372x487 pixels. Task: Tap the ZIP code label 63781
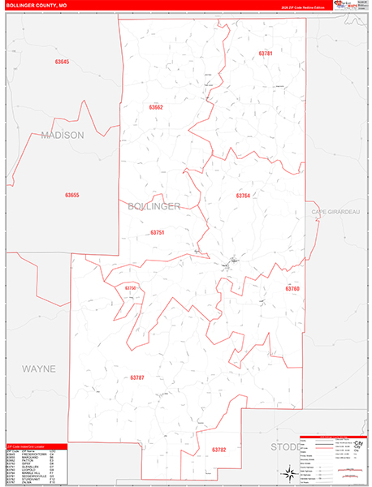coord(266,54)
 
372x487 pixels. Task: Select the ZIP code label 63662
coord(156,107)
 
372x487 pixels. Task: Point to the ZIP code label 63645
coord(63,62)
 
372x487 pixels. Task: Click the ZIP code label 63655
coord(72,195)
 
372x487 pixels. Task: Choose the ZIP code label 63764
coord(243,196)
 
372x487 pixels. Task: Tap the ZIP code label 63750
coord(132,288)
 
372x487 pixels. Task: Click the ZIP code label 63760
coord(292,289)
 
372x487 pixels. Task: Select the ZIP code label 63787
coord(136,377)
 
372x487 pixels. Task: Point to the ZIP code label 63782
coord(219,449)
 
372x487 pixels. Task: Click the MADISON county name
coord(63,135)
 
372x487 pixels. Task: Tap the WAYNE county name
coord(39,368)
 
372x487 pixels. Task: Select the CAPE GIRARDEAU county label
coord(335,212)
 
